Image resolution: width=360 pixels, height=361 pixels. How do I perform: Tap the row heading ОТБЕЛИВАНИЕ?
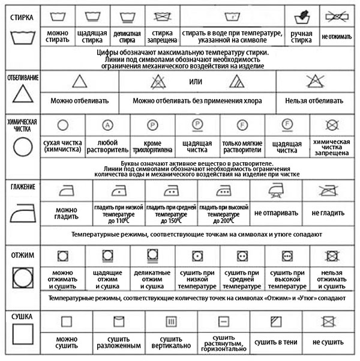pyautogui.click(x=22, y=77)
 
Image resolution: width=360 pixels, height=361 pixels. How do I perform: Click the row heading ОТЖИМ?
pyautogui.click(x=22, y=255)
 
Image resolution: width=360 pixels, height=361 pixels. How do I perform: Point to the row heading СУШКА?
pyautogui.click(x=22, y=316)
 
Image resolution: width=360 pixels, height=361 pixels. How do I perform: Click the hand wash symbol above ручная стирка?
pyautogui.click(x=301, y=16)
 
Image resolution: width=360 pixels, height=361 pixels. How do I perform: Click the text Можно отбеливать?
pyautogui.click(x=79, y=102)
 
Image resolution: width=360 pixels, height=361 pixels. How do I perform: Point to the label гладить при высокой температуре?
pyautogui.click(x=223, y=213)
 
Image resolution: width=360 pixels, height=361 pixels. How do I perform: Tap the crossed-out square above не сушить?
pyautogui.click(x=328, y=320)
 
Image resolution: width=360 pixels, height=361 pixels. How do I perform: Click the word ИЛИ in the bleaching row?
pyautogui.click(x=194, y=82)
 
